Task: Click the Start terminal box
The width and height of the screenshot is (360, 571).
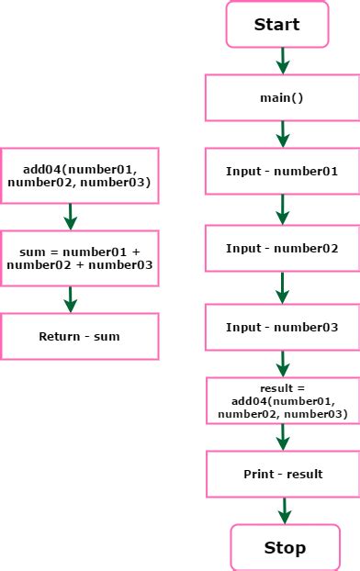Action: point(276,25)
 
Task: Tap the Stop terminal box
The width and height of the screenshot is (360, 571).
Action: point(285,548)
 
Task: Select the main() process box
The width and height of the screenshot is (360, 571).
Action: point(282,98)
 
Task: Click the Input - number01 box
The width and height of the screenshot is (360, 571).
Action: point(282,172)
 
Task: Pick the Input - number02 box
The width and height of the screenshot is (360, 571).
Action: point(282,249)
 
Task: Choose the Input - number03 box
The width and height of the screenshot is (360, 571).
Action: point(282,328)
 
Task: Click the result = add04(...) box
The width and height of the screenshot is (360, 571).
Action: point(282,401)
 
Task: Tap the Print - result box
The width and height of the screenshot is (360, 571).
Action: point(282,474)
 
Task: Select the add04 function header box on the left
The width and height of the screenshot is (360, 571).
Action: point(79,176)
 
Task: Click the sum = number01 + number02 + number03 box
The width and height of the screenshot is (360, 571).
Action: point(79,258)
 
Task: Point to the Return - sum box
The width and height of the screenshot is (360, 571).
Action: point(79,336)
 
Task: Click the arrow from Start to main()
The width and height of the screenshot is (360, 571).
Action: point(283,61)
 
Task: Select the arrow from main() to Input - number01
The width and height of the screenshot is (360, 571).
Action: point(283,134)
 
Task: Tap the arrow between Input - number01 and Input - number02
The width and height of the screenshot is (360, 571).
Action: point(283,209)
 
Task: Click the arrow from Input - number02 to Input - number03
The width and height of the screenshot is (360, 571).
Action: point(283,288)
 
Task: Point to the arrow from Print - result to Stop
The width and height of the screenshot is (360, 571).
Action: point(285,510)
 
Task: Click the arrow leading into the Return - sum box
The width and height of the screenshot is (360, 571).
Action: point(71,299)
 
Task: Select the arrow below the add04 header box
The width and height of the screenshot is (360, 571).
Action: point(71,217)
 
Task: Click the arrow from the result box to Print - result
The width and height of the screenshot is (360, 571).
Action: point(283,438)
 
